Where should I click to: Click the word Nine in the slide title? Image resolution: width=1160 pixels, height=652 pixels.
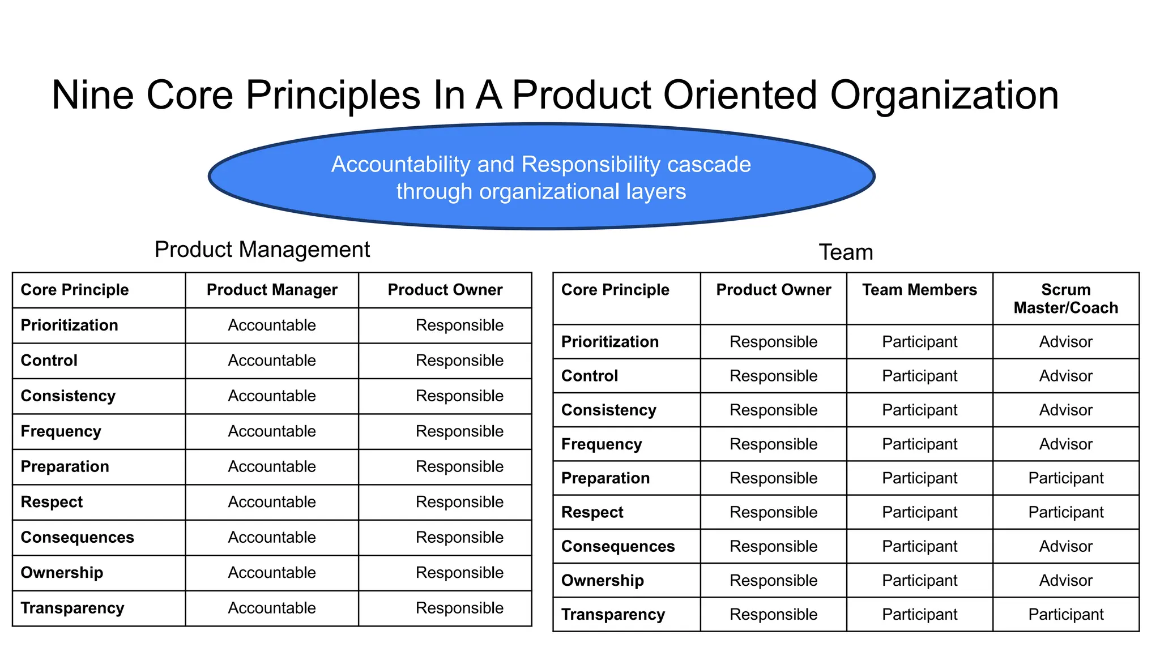[x=92, y=95]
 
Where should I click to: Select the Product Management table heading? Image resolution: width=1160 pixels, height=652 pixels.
[x=262, y=250]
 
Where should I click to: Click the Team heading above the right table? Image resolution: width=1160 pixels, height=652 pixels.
[x=846, y=252]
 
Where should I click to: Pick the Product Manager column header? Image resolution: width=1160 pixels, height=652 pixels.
[x=272, y=290]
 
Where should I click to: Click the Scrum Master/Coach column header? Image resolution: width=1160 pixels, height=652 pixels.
[x=1065, y=298]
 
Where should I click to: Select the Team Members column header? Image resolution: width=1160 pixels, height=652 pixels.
[x=919, y=290]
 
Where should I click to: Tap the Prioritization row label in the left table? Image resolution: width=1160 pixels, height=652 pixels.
[x=70, y=325]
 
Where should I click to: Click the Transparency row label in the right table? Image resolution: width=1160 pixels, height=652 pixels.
[x=613, y=615]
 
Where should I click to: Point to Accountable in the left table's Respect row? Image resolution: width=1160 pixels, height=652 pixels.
[x=272, y=502]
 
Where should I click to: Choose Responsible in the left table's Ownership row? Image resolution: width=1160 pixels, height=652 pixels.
[x=459, y=573]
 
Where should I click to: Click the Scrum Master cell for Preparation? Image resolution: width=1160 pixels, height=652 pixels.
[x=1065, y=478]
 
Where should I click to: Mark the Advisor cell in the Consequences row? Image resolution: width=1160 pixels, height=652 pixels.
[x=1065, y=546]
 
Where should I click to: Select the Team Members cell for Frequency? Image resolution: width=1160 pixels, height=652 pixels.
[x=919, y=444]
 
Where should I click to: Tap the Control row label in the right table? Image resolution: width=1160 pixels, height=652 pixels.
[x=590, y=376]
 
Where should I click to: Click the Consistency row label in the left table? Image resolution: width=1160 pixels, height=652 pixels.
[x=68, y=396]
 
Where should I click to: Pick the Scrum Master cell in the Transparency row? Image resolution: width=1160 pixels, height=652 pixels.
[x=1065, y=615]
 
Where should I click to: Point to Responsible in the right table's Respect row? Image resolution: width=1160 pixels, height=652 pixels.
[x=773, y=512]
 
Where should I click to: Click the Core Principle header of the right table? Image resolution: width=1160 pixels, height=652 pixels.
[x=615, y=290]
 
